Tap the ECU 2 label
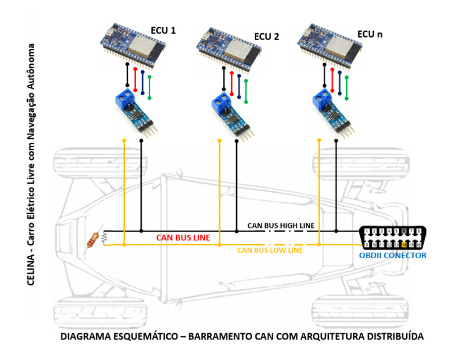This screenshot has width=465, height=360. coord(266,36)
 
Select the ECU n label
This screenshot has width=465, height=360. coord(370,34)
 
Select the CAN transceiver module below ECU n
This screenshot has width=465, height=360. coord(332,112)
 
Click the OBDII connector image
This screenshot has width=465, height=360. coord(392,238)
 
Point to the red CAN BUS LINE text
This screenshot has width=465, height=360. coord(183,238)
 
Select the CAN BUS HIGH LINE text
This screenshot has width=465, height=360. coord(281,225)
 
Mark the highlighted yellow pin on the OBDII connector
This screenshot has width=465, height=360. coord(404,245)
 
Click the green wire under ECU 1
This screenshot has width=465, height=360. coord(150,87)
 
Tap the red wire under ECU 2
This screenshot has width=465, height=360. coord(232,82)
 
